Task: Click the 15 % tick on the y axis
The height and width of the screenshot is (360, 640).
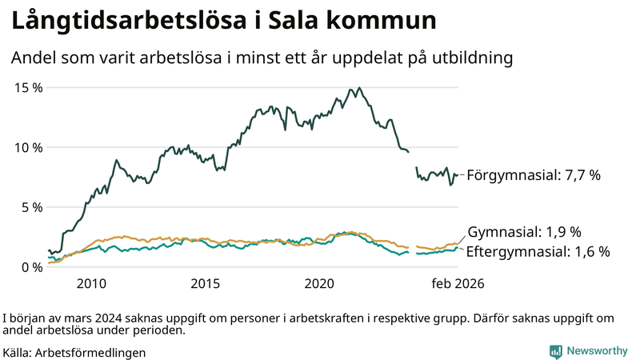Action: point(26,87)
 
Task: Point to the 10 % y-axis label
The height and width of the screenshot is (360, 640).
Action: point(26,147)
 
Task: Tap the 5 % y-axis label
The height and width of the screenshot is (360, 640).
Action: point(30,207)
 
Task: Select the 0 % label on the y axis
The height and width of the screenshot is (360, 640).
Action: point(30,267)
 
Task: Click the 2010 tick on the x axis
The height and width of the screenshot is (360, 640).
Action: point(91,283)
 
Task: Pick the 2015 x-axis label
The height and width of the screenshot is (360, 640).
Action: point(206,283)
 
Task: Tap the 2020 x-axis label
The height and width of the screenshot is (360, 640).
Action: point(320,283)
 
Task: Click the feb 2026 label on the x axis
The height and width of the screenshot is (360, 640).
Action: point(458,283)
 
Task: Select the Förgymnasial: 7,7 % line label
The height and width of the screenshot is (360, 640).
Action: point(533,175)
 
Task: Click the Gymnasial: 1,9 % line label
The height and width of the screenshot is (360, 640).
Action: point(524,232)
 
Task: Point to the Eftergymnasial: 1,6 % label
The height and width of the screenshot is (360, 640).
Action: point(538,251)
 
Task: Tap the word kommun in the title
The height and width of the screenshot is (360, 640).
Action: point(379,22)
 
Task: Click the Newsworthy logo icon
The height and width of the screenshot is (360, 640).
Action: point(555,351)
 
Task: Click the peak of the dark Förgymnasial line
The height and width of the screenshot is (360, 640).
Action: point(360,88)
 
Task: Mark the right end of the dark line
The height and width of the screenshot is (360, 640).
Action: point(458,174)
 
